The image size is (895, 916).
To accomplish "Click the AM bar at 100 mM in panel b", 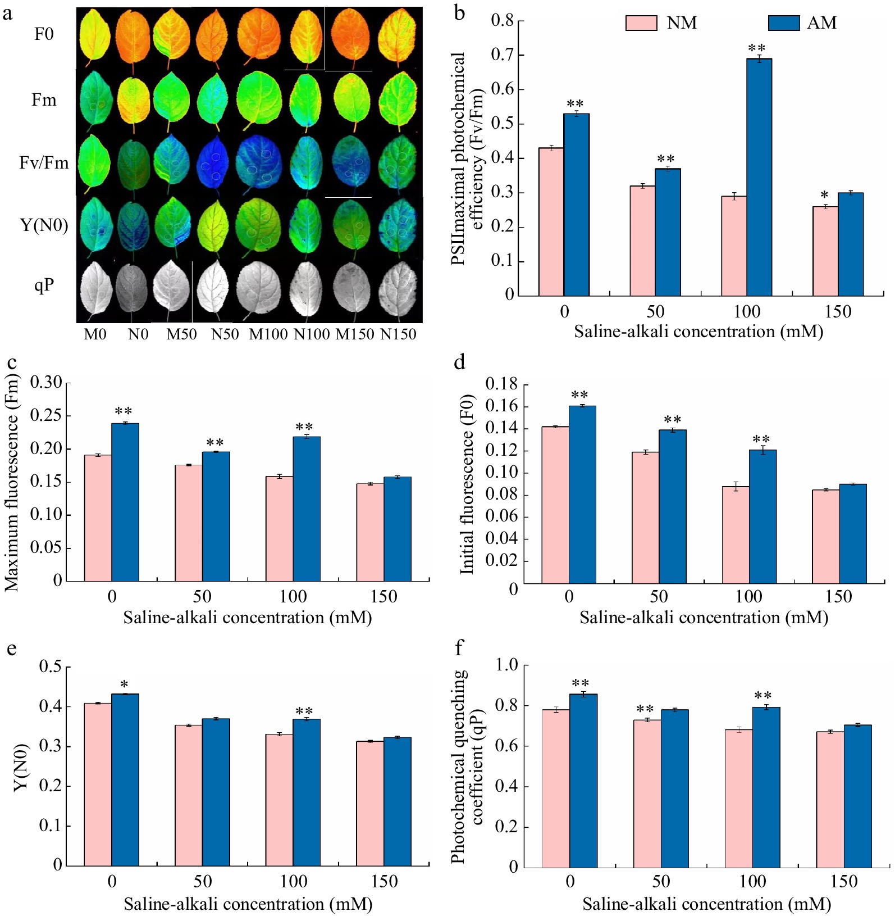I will (759, 177).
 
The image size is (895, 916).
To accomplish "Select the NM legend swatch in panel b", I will (641, 23).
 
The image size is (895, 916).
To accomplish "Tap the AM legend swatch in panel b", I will (783, 23).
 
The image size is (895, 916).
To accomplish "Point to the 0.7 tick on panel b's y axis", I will (503, 55).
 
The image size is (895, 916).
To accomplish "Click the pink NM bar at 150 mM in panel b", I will (825, 251).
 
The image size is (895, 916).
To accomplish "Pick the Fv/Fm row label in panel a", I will (44, 163).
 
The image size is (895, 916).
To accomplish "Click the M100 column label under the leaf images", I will (268, 334).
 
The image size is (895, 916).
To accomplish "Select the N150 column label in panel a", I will (398, 334).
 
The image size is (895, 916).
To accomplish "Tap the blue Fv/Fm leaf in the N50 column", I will (212, 166).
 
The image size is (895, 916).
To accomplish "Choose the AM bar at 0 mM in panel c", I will (125, 502).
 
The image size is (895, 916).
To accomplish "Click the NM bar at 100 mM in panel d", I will (735, 534).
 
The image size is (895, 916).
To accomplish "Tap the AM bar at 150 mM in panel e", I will (398, 801).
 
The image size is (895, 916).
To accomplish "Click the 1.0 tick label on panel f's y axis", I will (507, 665).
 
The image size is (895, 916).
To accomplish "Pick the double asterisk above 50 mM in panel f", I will (645, 709).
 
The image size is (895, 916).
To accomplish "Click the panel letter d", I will (460, 362).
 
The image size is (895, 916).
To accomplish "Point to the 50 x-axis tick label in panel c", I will (202, 596).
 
